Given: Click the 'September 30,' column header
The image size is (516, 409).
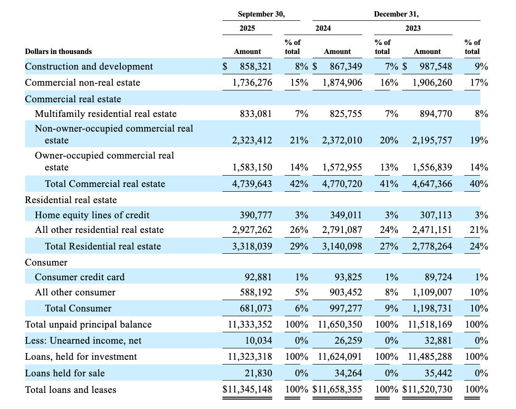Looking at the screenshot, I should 261,14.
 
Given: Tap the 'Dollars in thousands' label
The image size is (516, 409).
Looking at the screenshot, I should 58,51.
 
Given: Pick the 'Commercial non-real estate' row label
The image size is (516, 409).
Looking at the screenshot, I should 83,83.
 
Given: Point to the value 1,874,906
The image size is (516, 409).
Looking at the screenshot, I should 342,83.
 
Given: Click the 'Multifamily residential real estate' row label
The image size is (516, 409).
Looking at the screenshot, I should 105,114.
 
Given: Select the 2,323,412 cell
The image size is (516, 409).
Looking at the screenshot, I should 252,141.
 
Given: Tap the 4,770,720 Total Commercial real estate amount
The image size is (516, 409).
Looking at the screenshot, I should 342,184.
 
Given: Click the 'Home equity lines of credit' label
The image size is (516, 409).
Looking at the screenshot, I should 92,215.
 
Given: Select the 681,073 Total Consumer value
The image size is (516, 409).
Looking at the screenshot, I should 256,309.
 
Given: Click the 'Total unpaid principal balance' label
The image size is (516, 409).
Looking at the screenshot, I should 88,325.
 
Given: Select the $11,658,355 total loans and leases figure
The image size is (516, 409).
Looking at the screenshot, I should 338,390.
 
